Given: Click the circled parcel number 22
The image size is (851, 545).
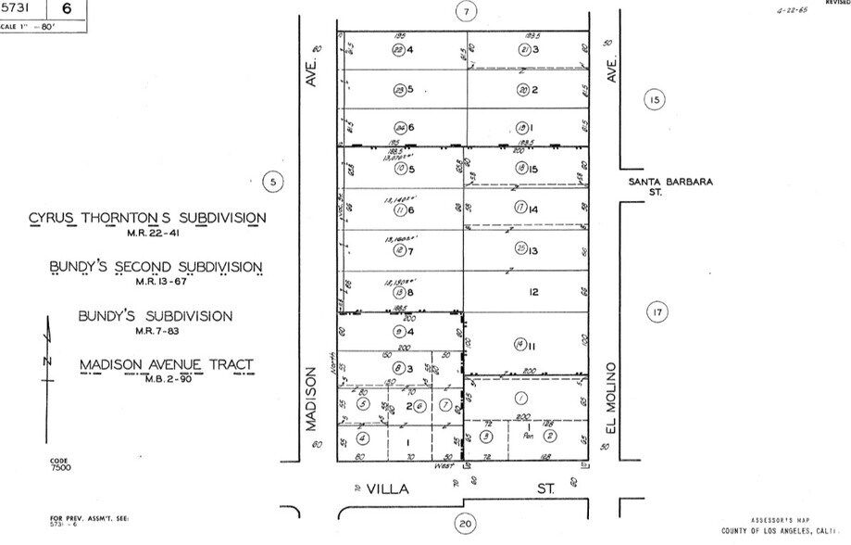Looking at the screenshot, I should click(x=396, y=50).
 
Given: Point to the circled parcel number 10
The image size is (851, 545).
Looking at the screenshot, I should click(x=399, y=169).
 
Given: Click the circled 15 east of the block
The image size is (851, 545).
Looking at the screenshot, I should click(x=654, y=100).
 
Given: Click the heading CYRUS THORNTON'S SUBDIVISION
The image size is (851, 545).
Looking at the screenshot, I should click(x=147, y=218).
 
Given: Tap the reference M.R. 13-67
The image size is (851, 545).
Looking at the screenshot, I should click(x=156, y=282).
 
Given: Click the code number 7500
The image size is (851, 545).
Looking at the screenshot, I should click(x=62, y=468).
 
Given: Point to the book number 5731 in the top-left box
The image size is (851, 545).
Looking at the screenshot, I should click(x=17, y=8).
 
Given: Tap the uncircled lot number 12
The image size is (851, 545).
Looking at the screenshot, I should click(x=533, y=292).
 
